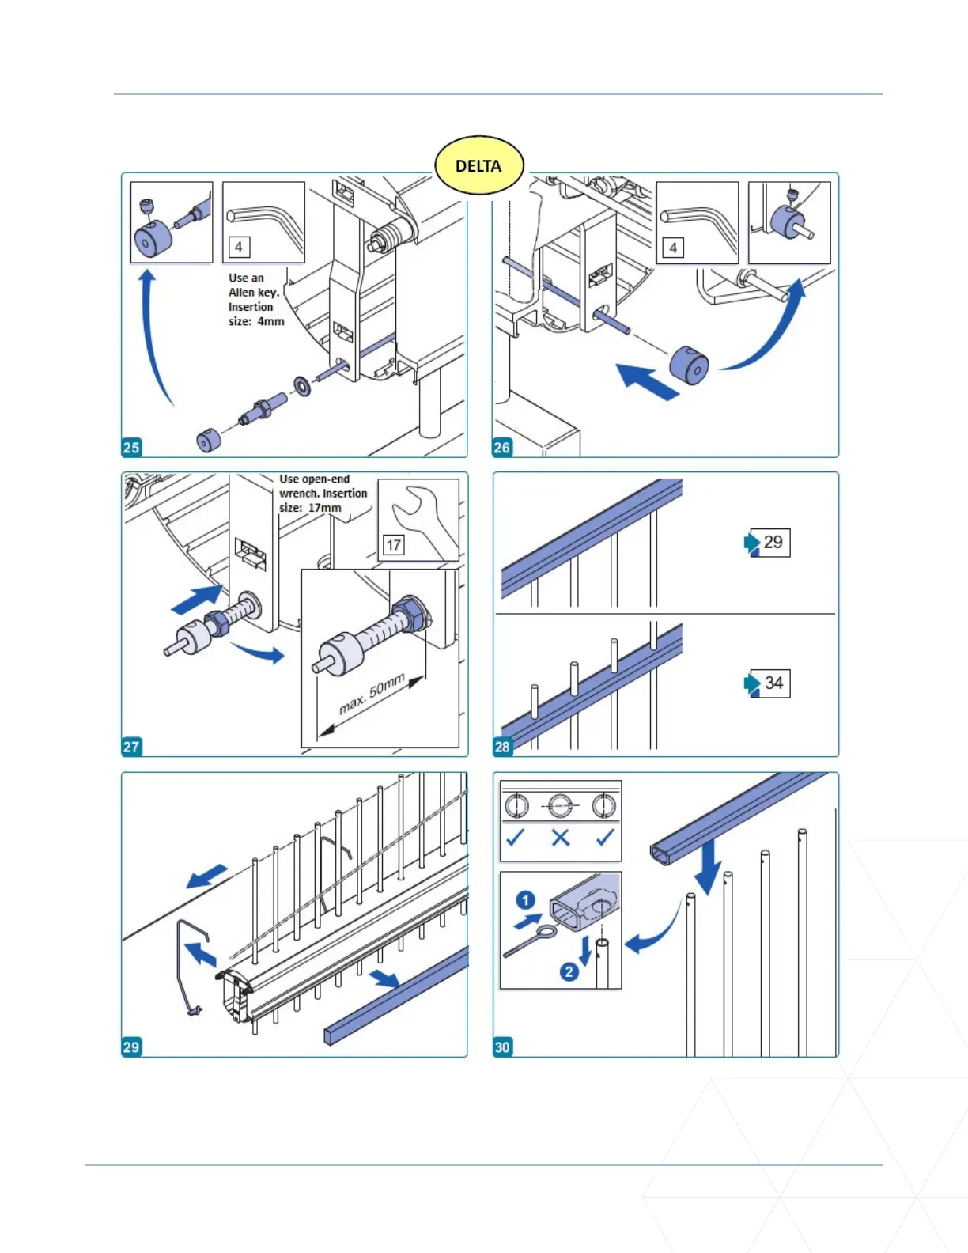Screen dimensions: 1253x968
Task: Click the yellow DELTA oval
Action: pos(478,165)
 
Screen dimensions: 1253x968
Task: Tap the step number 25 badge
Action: pos(131,447)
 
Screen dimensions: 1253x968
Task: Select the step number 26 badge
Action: pos(502,447)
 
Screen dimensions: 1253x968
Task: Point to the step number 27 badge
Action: pos(131,747)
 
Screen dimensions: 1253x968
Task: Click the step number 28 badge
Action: pos(502,747)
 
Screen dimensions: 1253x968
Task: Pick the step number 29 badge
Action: pos(131,1047)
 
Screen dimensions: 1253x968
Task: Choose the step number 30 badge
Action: pos(502,1047)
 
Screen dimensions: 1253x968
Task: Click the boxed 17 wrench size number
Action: pos(393,544)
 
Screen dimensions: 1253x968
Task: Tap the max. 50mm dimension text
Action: pos(372,693)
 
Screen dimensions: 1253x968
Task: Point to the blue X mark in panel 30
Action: pos(561,838)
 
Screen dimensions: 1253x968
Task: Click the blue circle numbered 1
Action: pos(526,900)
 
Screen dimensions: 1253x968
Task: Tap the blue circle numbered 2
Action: pos(569,971)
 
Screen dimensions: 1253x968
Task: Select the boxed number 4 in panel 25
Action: pos(239,247)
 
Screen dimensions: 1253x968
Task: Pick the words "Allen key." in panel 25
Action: pos(254,293)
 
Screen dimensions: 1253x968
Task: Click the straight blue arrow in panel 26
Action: pos(647,381)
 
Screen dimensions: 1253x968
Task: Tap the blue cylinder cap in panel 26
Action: pos(689,365)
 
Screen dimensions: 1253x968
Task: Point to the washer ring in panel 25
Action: pos(301,386)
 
